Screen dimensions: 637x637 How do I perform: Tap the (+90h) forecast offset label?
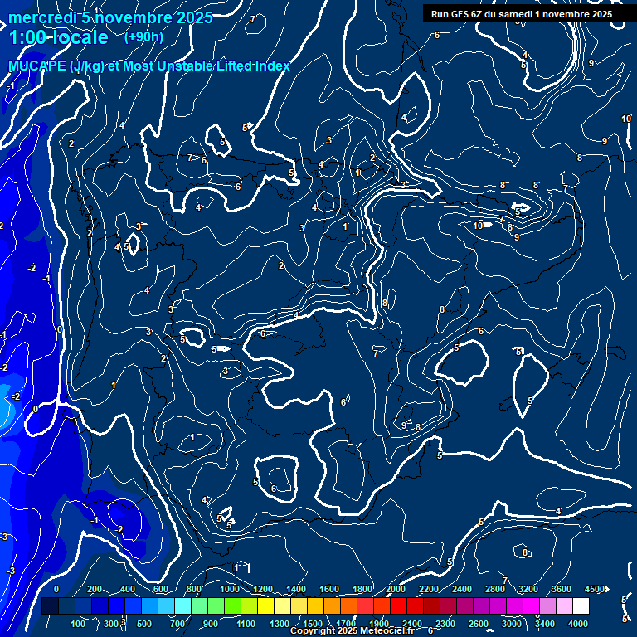[x=143, y=36]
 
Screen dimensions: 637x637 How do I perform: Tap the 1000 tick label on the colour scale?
[x=230, y=589]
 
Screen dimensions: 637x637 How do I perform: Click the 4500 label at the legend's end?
[x=595, y=589]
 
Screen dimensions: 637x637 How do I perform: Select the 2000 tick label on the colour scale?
[x=396, y=589]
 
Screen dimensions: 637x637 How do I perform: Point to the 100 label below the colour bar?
[x=78, y=624]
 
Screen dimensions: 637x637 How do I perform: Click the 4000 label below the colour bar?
[x=578, y=624]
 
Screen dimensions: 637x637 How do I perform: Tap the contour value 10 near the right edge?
[x=625, y=119]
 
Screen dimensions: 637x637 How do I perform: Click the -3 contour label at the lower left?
[x=11, y=571]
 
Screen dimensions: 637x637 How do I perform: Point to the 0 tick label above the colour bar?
[x=56, y=589]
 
